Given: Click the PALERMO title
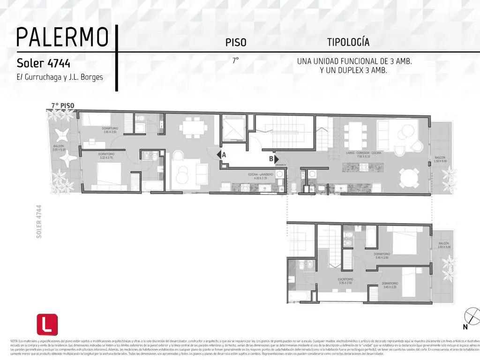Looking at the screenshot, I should pos(62,37).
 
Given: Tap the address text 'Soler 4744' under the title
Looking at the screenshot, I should pos(44,63).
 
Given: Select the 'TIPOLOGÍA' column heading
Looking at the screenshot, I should pos(348,42).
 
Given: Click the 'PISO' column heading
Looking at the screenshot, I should pos(236,43).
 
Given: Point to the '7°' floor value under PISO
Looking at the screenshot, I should pos(235,60).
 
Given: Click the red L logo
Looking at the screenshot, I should pos(47,324).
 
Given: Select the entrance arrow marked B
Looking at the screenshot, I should pos(275,159).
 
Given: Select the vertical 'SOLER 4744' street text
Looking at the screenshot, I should pos(39,222).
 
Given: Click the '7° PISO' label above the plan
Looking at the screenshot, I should pos(63,105).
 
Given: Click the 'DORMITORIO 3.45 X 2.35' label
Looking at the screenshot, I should pos(390,285).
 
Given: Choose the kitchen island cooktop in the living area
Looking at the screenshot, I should pos(363,166).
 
